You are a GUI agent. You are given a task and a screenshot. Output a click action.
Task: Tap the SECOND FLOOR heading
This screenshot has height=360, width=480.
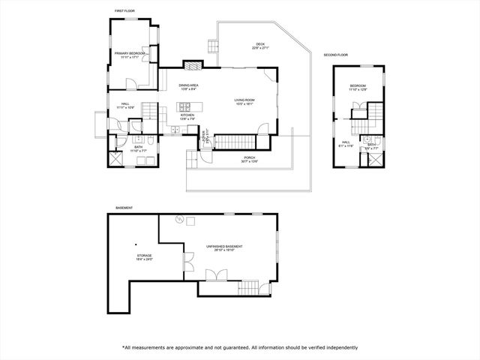point(335,55)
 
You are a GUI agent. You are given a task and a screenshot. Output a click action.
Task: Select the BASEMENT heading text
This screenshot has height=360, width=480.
point(124,208)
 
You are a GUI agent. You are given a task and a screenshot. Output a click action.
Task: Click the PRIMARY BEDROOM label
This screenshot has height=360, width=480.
point(130,54)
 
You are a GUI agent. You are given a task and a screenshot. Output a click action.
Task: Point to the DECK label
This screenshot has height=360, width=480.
point(260,45)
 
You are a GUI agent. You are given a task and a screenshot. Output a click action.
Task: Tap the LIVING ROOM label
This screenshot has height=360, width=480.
point(245,100)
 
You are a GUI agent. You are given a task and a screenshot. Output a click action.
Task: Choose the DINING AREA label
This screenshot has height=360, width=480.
point(188,86)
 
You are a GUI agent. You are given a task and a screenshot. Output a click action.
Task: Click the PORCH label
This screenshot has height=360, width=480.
point(249,159)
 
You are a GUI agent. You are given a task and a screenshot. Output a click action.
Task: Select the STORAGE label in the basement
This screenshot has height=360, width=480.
point(145,256)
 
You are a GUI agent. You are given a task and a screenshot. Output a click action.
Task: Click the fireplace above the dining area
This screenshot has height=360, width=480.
point(193,65)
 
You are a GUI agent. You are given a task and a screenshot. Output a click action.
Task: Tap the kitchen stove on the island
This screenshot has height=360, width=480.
point(174,130)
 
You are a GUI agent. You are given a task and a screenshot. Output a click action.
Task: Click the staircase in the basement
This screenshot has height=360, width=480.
point(247,286)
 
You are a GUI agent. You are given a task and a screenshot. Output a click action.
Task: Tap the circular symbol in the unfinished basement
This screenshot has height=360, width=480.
point(179,219)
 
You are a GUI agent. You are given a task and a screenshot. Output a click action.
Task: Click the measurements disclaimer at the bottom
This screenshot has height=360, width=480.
point(240,347)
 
